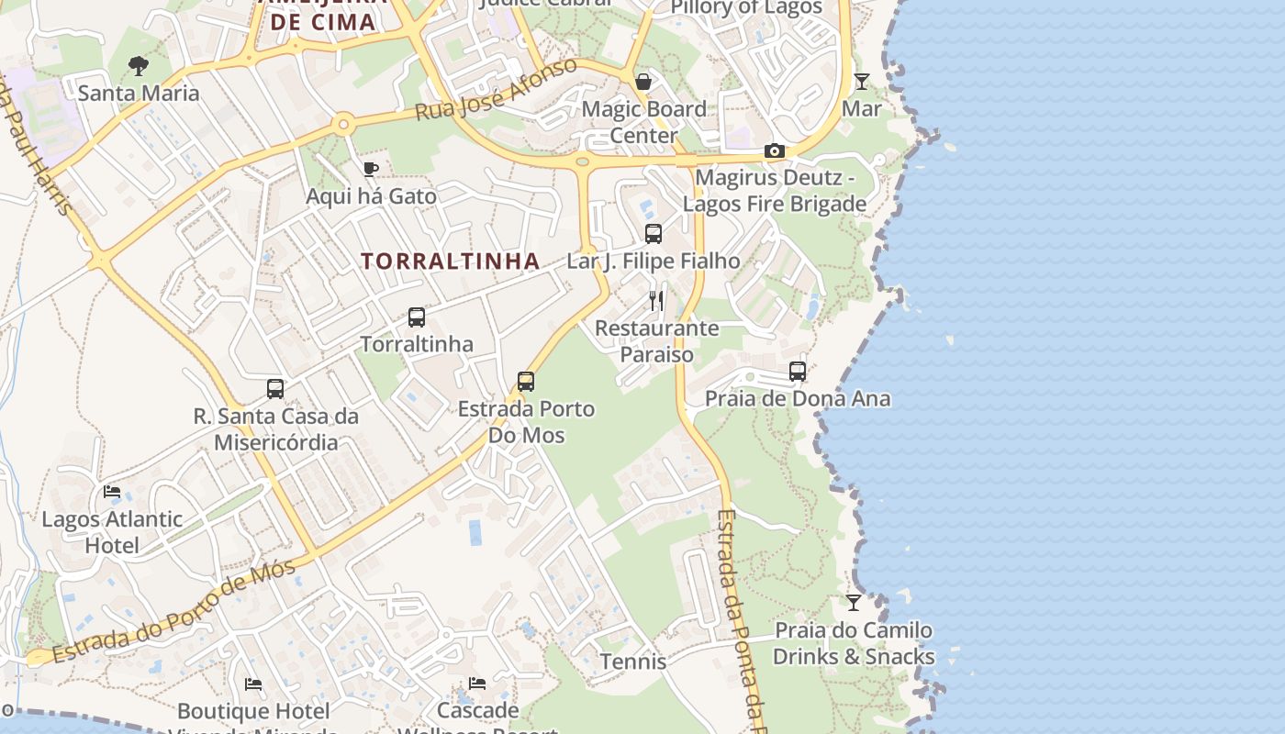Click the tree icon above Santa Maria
(x=139, y=66)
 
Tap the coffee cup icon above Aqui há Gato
(x=370, y=169)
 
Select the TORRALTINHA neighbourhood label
(x=450, y=261)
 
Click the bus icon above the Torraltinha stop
(x=417, y=317)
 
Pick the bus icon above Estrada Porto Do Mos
(x=526, y=381)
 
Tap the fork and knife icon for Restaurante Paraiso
(x=656, y=300)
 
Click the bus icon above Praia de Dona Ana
(x=798, y=372)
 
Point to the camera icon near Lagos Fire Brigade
(x=774, y=151)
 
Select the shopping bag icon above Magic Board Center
(x=643, y=82)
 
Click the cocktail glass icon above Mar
(x=861, y=82)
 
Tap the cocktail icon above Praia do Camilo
(x=854, y=603)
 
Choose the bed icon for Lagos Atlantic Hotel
(x=112, y=492)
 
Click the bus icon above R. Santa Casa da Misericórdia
(x=275, y=389)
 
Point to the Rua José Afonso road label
(x=496, y=89)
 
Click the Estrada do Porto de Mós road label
(x=174, y=612)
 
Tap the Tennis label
(x=633, y=662)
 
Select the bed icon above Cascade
(x=477, y=684)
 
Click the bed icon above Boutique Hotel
(x=253, y=684)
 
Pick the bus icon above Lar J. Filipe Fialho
(x=654, y=234)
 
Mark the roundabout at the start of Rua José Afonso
(x=343, y=124)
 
